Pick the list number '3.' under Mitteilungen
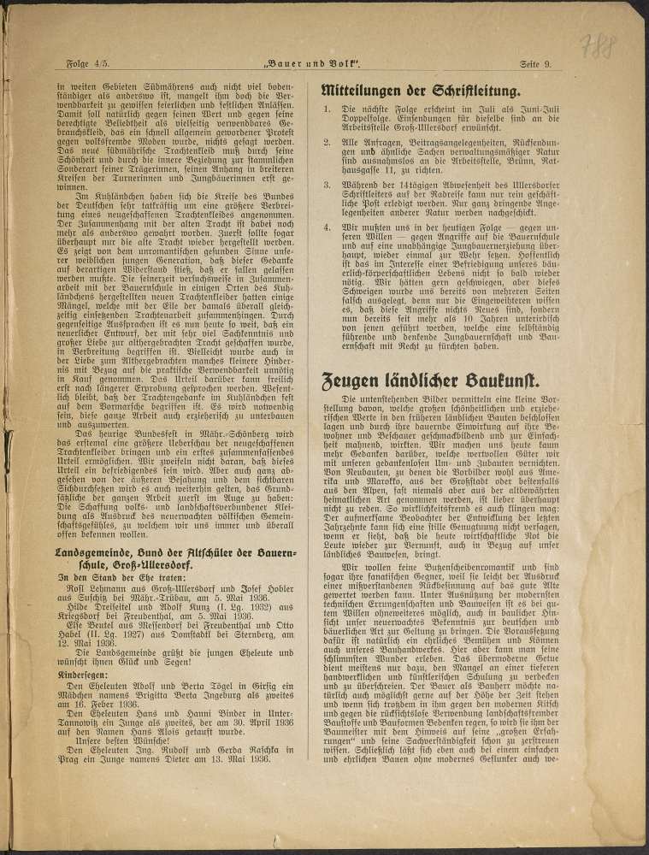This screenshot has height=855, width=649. point(326,185)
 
